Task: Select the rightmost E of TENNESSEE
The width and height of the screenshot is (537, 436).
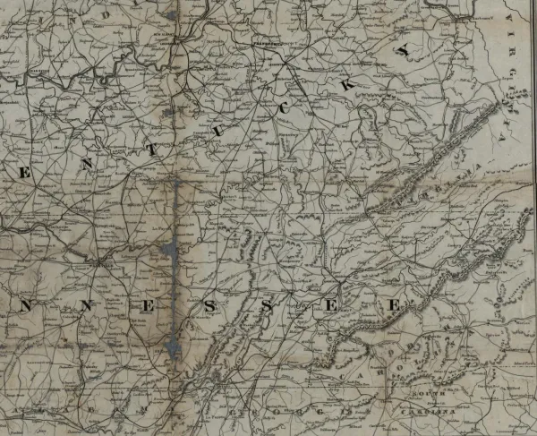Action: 391,305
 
